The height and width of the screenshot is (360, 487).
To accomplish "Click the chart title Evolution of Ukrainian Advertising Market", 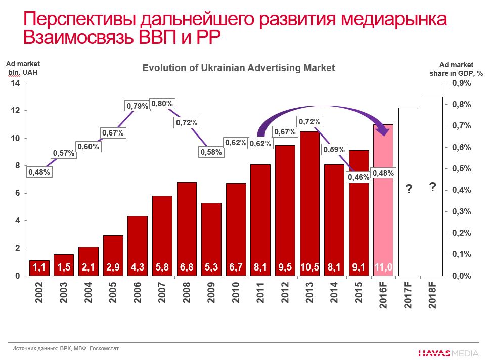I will pos(238,68).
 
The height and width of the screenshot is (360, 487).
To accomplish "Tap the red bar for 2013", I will pos(309,202).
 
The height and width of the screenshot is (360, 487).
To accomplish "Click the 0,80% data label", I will pos(162,104).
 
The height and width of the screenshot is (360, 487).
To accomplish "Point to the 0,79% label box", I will pos(137,106).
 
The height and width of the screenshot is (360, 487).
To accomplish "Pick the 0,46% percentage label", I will pos(359,177).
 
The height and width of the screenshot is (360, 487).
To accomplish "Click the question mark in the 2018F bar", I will pos(432,187).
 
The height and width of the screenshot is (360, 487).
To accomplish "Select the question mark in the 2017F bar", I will pos(408,190).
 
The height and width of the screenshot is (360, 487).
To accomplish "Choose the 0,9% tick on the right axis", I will pos(461,83).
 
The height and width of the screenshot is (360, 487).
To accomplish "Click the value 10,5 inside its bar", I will pos(309,267).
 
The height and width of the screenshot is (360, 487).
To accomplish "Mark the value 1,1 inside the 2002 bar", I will pos(40,267).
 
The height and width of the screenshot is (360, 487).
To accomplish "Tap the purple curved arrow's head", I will pos(385,131).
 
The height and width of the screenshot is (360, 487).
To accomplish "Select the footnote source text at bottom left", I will pos(65,348).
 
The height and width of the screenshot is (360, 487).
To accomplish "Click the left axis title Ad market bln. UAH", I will pos(23,68).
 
